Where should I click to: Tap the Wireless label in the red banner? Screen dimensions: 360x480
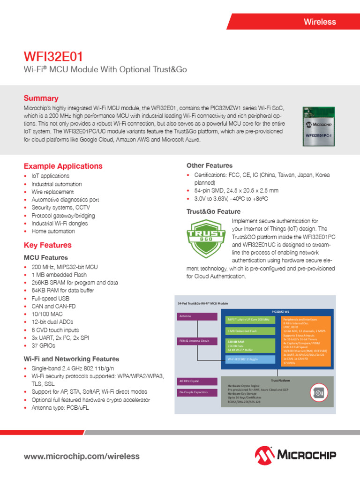click(320, 22)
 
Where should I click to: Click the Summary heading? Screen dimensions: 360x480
click(41, 98)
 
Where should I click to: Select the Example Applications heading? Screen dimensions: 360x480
click(63, 166)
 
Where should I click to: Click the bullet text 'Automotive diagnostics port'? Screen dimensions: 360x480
click(65, 200)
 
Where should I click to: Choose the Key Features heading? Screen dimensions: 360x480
click(47, 245)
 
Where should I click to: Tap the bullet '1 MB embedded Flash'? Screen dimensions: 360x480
click(59, 275)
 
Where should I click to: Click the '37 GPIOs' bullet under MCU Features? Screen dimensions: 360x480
click(43, 345)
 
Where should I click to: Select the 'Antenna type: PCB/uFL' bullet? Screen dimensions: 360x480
click(60, 408)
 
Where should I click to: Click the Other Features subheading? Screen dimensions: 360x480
click(210, 165)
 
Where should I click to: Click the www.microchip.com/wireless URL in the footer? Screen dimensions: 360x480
click(82, 456)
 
